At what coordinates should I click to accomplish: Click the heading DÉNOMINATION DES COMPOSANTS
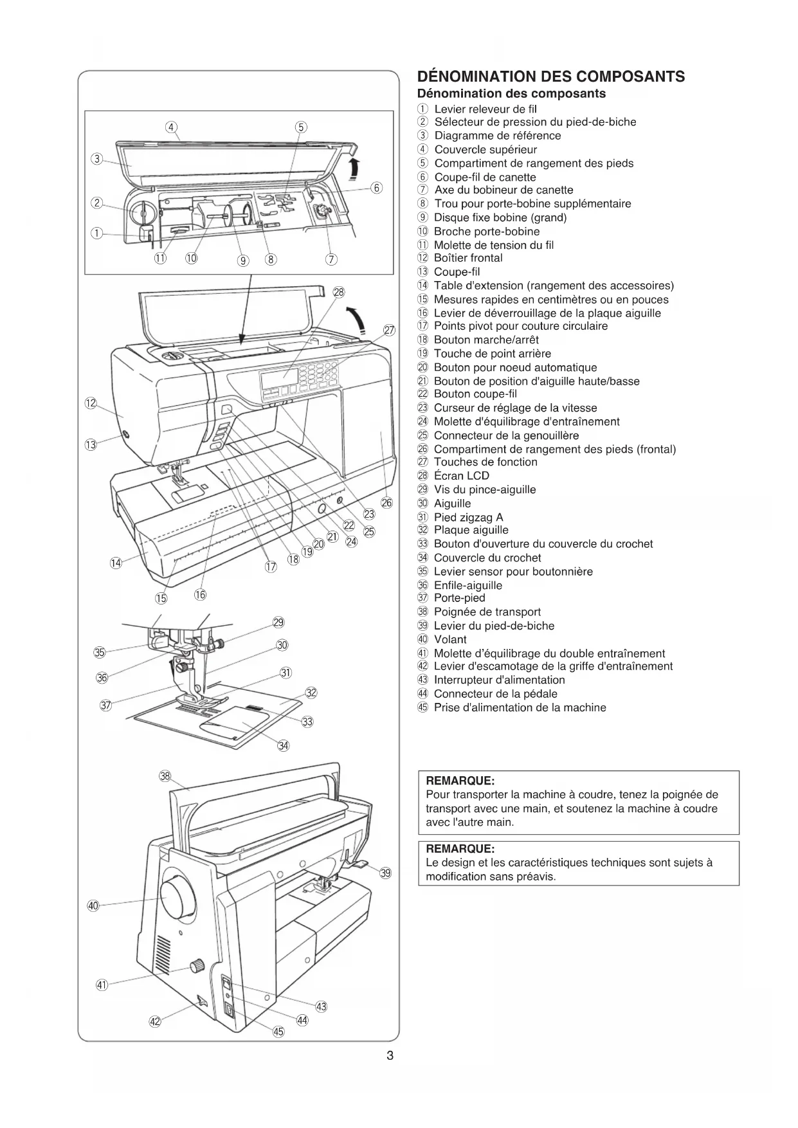click(x=550, y=77)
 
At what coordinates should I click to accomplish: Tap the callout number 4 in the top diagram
click(x=172, y=127)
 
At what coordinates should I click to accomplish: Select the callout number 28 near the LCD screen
click(x=338, y=292)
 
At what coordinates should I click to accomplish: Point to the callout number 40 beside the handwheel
click(x=93, y=905)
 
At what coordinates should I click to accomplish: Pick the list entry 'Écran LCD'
click(x=461, y=476)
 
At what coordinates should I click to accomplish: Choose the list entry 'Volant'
click(x=450, y=639)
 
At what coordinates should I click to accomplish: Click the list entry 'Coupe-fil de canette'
click(x=485, y=177)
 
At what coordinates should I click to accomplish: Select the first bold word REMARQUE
click(x=460, y=781)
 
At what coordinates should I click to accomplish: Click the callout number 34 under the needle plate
click(x=283, y=745)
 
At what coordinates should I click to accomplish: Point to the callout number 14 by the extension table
click(x=116, y=563)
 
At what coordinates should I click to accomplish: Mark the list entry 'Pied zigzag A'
click(x=468, y=517)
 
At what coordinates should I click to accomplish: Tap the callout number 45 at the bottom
click(x=278, y=1032)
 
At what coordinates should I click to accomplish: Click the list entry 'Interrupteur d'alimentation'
click(x=499, y=680)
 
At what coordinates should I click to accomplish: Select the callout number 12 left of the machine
click(x=91, y=403)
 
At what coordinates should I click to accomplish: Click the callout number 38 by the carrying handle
click(x=165, y=776)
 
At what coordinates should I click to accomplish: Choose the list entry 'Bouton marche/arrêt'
click(x=486, y=340)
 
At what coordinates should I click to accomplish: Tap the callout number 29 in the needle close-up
click(x=278, y=622)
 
